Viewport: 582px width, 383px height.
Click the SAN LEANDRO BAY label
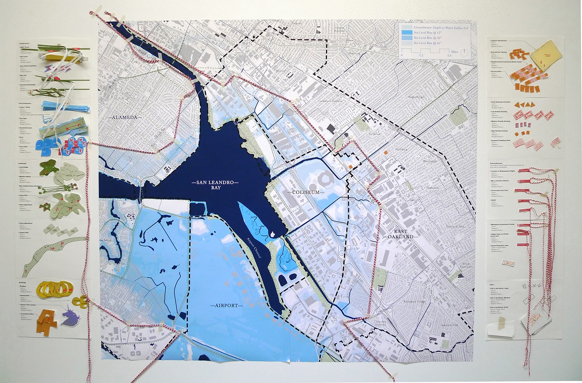(x=216, y=185)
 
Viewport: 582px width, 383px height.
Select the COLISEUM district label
(x=306, y=192)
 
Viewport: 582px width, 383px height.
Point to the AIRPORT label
(x=226, y=305)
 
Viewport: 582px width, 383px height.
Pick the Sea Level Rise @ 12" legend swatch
(x=407, y=33)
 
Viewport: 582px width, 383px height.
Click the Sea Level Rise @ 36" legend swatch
(x=407, y=38)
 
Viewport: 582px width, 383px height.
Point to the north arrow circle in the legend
(x=464, y=53)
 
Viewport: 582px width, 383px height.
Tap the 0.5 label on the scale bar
(x=449, y=56)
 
